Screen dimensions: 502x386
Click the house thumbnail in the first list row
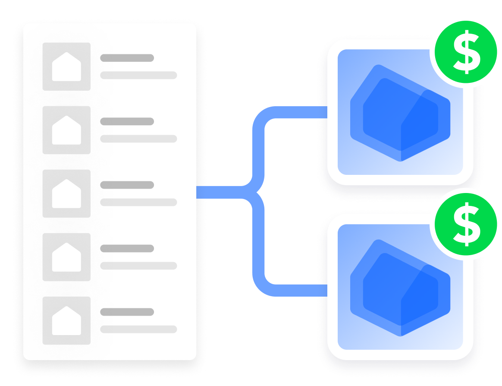tap(66, 66)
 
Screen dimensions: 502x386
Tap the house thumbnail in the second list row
tap(66, 130)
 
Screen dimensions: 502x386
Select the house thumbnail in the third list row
tap(66, 193)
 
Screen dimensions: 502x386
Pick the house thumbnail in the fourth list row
tap(66, 257)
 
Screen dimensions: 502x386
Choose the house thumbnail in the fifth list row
tap(66, 321)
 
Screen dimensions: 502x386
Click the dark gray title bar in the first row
tap(127, 58)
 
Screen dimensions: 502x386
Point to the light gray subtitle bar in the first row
tap(138, 75)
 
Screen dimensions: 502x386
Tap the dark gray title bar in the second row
tap(127, 121)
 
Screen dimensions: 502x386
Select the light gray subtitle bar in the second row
tap(138, 139)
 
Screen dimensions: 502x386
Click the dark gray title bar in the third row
tap(127, 185)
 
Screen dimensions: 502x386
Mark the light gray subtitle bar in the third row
tap(138, 202)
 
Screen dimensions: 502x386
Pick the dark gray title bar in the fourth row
tap(127, 248)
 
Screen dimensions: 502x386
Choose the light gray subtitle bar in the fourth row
tap(138, 266)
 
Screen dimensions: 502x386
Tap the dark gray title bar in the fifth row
tap(127, 312)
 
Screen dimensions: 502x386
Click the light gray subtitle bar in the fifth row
tap(138, 329)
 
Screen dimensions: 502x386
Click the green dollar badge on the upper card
tap(466, 52)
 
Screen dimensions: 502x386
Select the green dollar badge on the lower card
tap(466, 225)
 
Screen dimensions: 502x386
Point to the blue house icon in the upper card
tap(400, 113)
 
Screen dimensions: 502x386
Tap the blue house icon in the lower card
tap(400, 288)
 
